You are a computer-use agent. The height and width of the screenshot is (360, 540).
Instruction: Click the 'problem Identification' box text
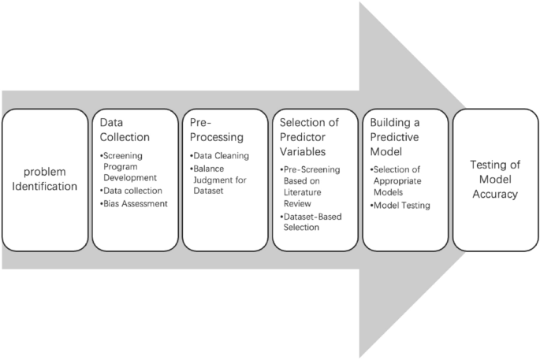click(x=44, y=180)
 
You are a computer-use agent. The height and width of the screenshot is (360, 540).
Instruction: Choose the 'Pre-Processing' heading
click(x=217, y=130)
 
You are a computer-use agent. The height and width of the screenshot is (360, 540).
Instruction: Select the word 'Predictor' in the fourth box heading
click(x=299, y=136)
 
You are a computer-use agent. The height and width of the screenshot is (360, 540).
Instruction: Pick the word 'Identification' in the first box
click(x=44, y=187)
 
